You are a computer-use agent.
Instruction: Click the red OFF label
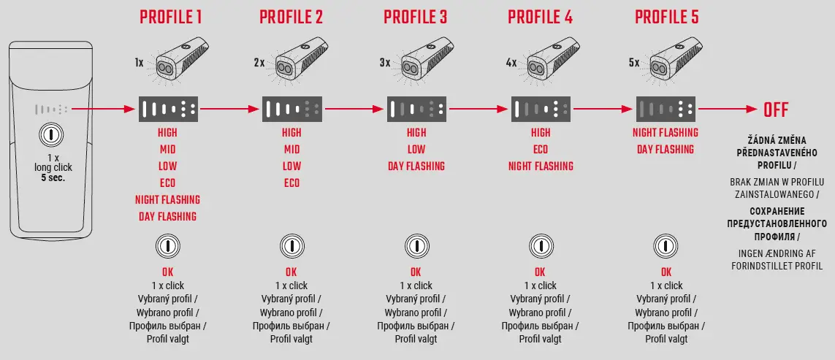point(776,110)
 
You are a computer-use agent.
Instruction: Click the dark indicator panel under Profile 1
point(168,110)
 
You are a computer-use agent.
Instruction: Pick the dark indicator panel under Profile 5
point(665,110)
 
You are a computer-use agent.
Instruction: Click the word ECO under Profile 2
point(291,183)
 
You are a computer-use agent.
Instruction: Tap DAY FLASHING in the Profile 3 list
point(416,166)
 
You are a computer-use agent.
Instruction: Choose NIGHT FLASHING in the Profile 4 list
point(541,166)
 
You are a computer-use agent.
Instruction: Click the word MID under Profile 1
point(167,149)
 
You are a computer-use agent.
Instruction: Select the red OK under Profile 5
point(665,272)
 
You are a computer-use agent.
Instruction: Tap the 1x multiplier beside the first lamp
point(139,64)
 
